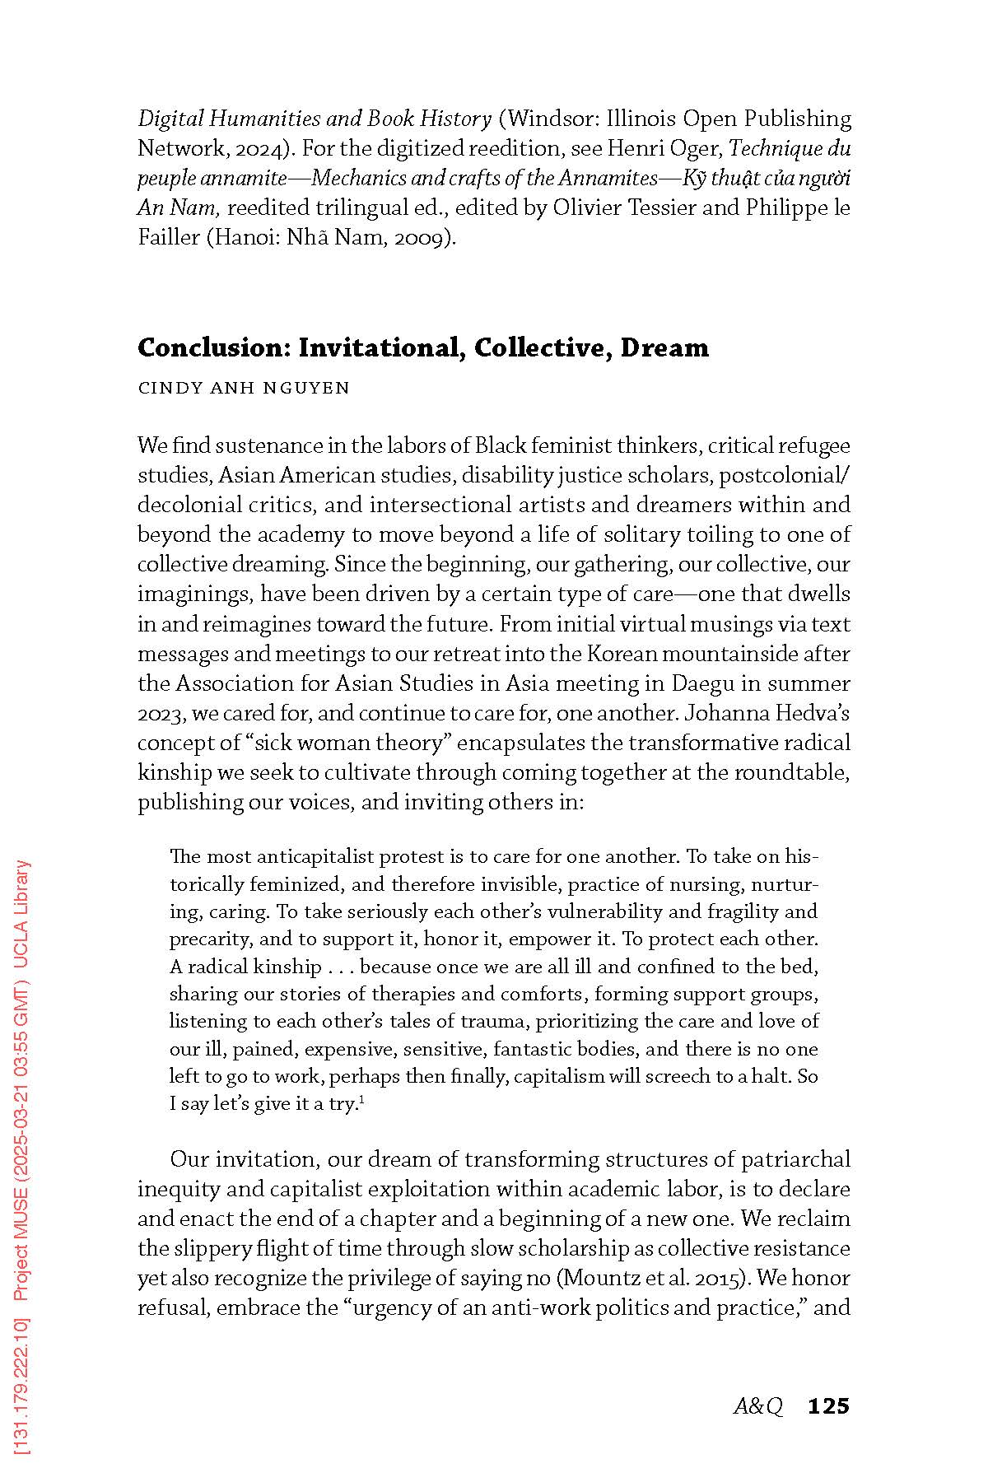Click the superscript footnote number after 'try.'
362,1099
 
